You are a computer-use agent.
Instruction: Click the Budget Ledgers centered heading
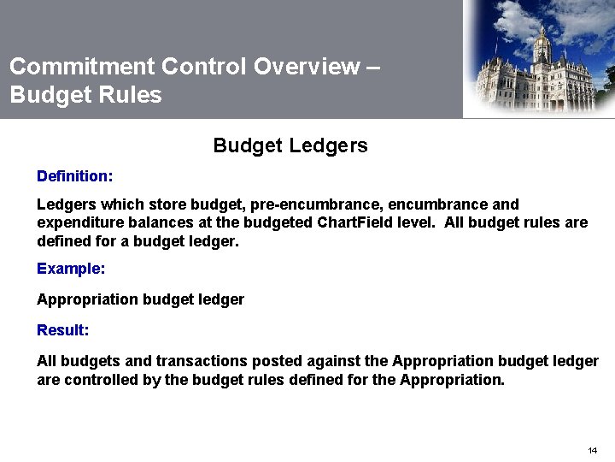tap(290, 145)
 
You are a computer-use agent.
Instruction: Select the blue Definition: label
tap(74, 176)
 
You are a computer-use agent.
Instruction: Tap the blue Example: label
tap(71, 269)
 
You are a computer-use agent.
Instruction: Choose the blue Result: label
tap(62, 330)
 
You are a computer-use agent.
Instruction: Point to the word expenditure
tap(78, 223)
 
